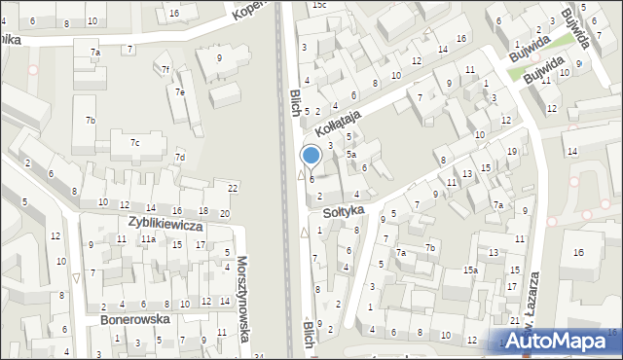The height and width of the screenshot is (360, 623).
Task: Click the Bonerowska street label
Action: pos(134,319)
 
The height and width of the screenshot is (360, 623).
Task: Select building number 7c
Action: pos(134,144)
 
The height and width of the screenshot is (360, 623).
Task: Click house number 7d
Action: pos(179,158)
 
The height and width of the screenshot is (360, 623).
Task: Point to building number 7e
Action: pos(179,91)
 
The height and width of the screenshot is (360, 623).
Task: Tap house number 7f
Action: pos(165,69)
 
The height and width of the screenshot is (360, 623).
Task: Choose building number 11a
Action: pos(147,238)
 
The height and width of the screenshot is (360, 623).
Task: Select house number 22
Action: pos(233,188)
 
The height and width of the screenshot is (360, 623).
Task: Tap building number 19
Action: pos(512,152)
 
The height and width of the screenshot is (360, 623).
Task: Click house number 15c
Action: pos(319,5)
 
